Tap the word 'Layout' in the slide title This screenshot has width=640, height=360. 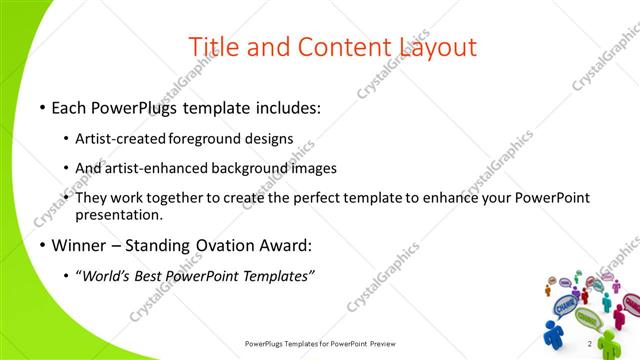437,47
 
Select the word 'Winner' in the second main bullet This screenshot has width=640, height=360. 79,245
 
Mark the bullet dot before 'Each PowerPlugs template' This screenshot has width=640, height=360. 42,108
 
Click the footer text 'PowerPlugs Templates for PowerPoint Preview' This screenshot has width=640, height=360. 320,344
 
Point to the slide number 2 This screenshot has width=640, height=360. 590,344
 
